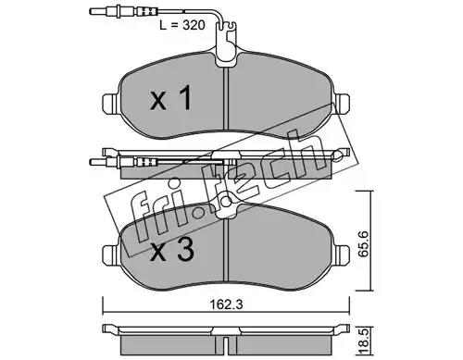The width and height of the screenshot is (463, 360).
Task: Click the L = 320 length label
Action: click(182, 25)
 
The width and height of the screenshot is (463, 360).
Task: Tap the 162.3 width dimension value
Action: click(227, 304)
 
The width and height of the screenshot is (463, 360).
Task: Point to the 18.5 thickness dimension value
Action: click(365, 341)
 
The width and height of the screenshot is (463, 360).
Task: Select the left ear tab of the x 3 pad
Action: click(110, 254)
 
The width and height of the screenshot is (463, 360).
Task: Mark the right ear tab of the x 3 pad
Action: click(342, 254)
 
